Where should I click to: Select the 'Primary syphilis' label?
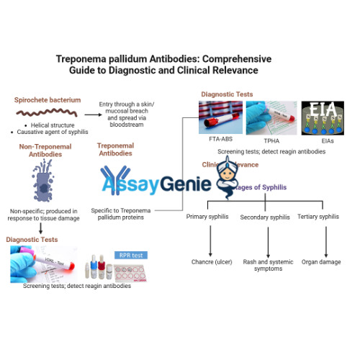point(210,217)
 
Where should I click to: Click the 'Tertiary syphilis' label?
point(320,217)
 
